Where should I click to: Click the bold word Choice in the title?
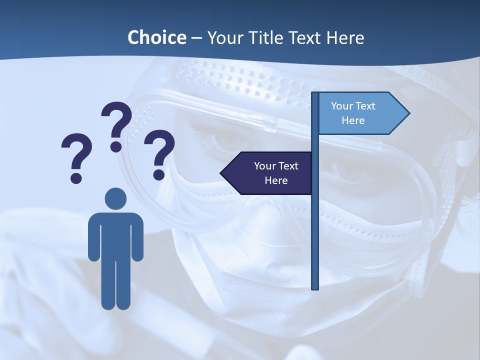156,37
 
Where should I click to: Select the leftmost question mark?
76,152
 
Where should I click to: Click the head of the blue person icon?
115,199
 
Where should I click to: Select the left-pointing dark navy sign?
270,173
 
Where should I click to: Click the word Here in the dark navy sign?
276,180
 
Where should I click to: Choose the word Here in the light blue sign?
353,120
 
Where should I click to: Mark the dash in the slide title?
196,38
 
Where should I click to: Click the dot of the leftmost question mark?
76,177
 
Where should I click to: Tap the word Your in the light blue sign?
342,106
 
